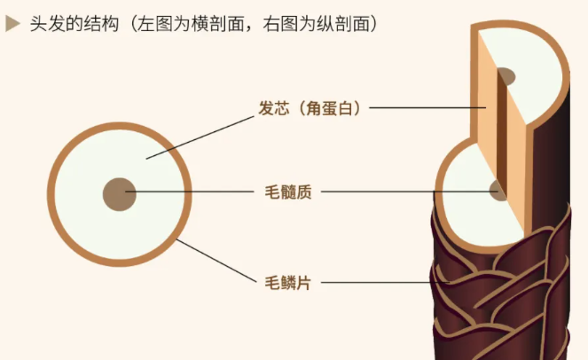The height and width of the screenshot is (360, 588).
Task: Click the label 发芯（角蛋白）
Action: (310, 108)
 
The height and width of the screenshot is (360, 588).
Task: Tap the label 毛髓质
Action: (288, 191)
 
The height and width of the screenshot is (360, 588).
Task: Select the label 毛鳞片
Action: (288, 283)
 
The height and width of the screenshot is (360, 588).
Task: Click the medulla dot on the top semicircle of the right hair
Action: (507, 77)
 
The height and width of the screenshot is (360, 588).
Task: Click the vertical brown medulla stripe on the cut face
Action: (502, 133)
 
